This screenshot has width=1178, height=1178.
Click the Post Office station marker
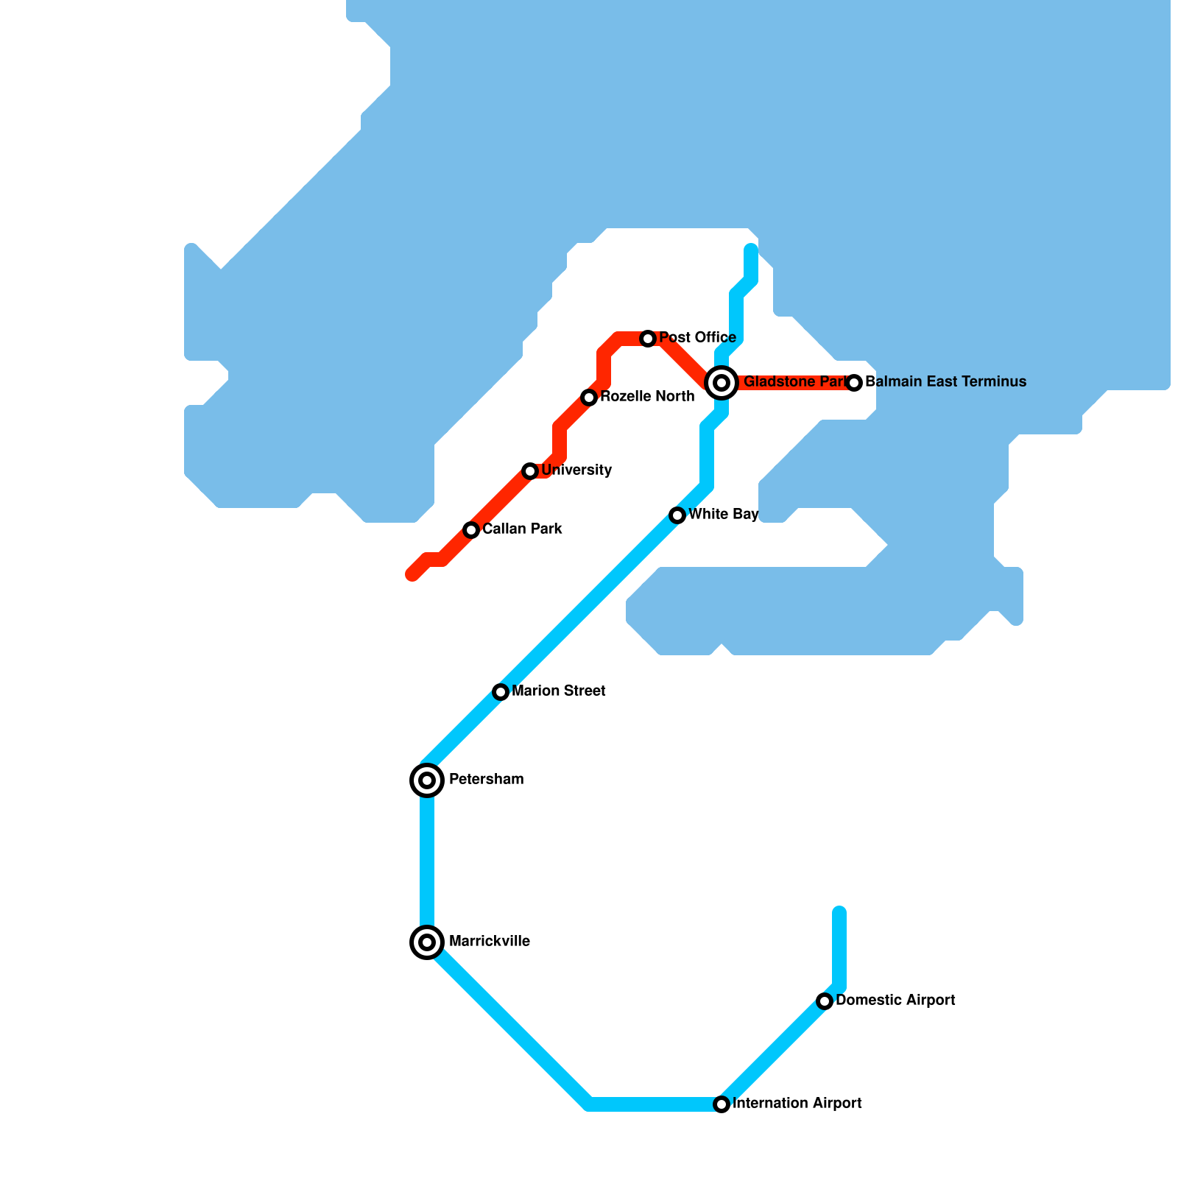(648, 339)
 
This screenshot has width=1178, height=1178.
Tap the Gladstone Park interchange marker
(722, 382)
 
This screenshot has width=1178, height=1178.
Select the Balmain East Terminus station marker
(854, 383)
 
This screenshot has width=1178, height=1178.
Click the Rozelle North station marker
(589, 398)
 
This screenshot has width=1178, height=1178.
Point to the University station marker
(530, 471)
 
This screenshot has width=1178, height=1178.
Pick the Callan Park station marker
(471, 530)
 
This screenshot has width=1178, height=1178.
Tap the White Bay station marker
(677, 515)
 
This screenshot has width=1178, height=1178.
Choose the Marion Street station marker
(501, 692)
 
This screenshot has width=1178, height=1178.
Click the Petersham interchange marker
(427, 780)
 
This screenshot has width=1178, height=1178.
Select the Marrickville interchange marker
(427, 942)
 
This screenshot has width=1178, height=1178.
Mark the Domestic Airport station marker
(825, 1001)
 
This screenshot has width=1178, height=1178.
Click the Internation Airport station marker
(722, 1104)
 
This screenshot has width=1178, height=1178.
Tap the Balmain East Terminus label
(945, 382)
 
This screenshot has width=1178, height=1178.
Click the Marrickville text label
(489, 942)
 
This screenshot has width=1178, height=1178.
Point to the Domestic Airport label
(895, 1001)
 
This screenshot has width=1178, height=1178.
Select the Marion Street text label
(558, 691)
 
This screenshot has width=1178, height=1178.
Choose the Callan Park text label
(522, 529)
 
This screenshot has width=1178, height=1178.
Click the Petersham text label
(486, 780)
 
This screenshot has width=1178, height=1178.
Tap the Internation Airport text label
(797, 1104)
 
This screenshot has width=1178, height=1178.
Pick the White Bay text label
(723, 515)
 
